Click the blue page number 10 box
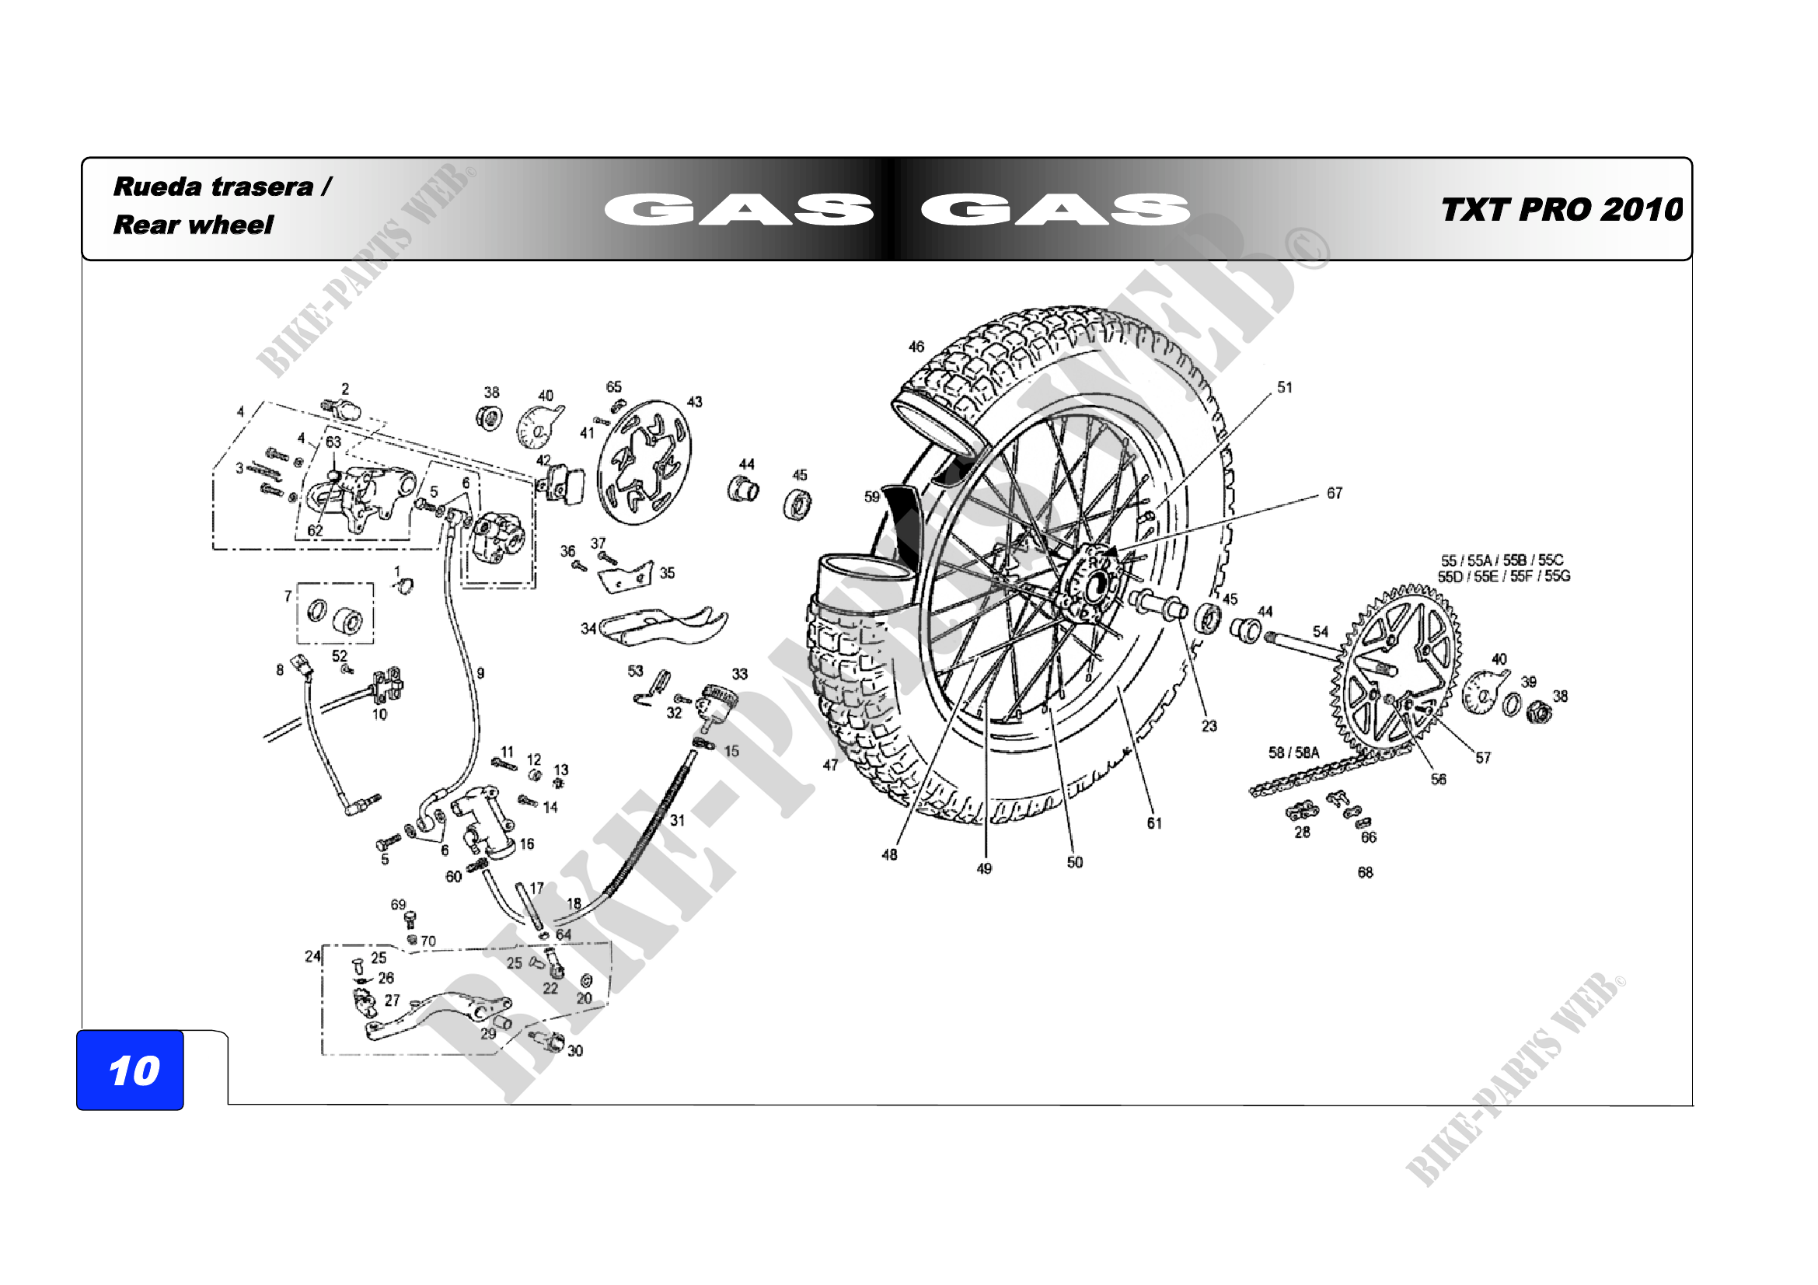click(x=130, y=1070)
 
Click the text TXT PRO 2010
click(x=1561, y=210)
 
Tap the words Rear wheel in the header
click(x=194, y=225)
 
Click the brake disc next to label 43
click(x=644, y=463)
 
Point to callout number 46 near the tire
click(x=916, y=347)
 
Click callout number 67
click(x=1335, y=494)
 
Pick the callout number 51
click(x=1284, y=387)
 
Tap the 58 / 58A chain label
click(x=1294, y=752)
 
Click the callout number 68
click(x=1365, y=872)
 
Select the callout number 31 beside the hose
click(x=677, y=820)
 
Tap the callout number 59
click(x=872, y=497)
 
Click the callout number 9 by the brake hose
click(x=480, y=673)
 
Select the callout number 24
click(x=312, y=956)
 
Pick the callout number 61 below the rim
click(x=1154, y=823)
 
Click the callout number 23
click(x=1209, y=726)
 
